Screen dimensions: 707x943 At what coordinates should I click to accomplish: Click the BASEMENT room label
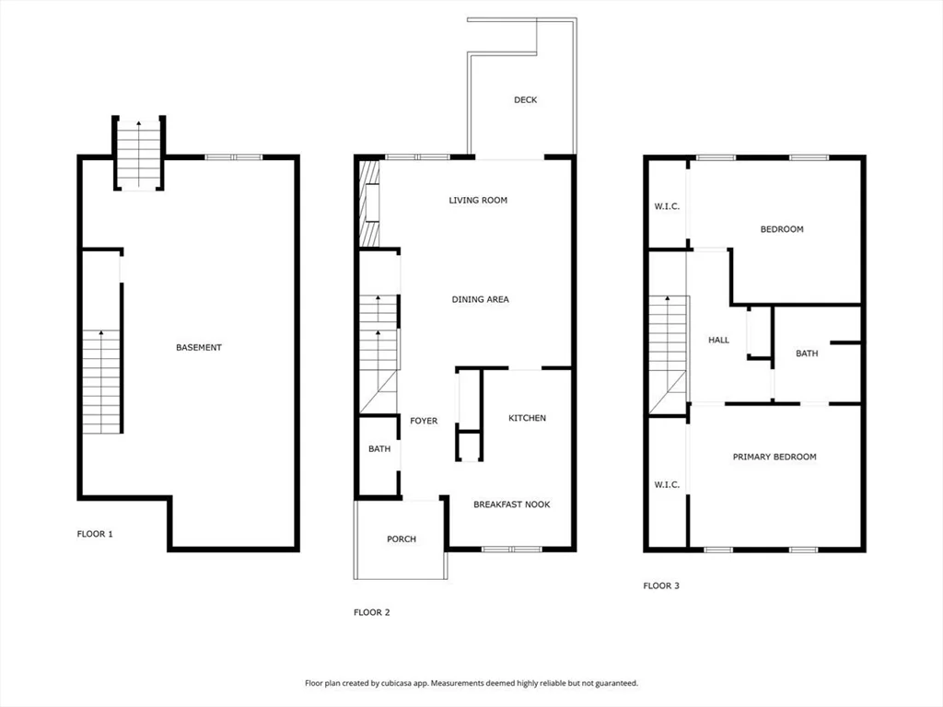click(199, 347)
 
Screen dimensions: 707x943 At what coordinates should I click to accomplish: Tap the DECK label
click(525, 99)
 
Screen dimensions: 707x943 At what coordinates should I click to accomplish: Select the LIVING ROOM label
click(478, 200)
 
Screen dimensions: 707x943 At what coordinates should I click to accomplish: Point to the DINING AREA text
click(480, 299)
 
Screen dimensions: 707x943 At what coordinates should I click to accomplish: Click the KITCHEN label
click(528, 418)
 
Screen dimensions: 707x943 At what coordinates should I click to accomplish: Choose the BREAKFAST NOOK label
click(511, 504)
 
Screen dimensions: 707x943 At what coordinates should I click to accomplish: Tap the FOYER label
click(424, 421)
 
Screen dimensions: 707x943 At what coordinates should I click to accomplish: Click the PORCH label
click(402, 539)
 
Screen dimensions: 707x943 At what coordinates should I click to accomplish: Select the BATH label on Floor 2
click(379, 449)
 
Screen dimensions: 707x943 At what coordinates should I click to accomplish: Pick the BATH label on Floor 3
click(807, 353)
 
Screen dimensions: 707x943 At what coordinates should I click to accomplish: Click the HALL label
click(718, 340)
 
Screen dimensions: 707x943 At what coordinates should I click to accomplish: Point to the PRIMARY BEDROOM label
click(774, 457)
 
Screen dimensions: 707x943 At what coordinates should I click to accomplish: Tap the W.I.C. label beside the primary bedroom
click(667, 484)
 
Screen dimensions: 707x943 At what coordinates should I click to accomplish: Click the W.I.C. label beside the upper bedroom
click(667, 206)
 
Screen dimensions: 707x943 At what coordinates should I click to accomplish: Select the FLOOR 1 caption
click(95, 533)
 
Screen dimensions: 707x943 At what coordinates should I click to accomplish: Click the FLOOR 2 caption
click(372, 612)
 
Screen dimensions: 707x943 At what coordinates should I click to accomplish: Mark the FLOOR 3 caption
click(661, 585)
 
